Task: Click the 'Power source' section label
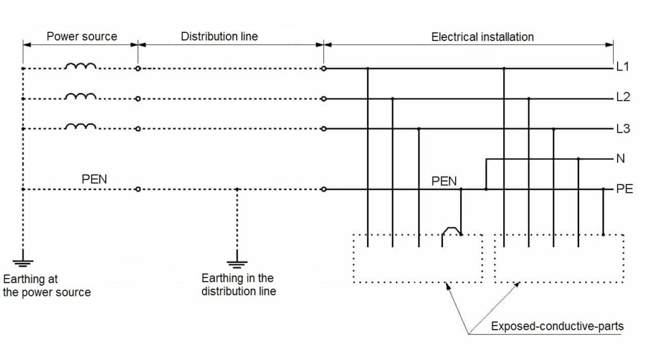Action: pyautogui.click(x=82, y=36)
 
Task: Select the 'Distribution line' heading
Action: pyautogui.click(x=220, y=36)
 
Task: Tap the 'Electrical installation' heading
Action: pyautogui.click(x=482, y=37)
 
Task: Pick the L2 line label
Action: pyautogui.click(x=623, y=98)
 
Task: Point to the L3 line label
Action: pyautogui.click(x=623, y=128)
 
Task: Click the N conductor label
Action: pyautogui.click(x=620, y=159)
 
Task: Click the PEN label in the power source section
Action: pyautogui.click(x=94, y=179)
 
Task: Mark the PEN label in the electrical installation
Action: pyautogui.click(x=444, y=181)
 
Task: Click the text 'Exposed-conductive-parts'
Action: pyautogui.click(x=557, y=326)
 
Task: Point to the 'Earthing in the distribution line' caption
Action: pyautogui.click(x=239, y=284)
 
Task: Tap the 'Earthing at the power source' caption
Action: pyautogui.click(x=47, y=285)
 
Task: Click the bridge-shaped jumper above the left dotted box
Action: pyautogui.click(x=451, y=231)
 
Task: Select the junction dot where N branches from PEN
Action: pyautogui.click(x=486, y=189)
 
